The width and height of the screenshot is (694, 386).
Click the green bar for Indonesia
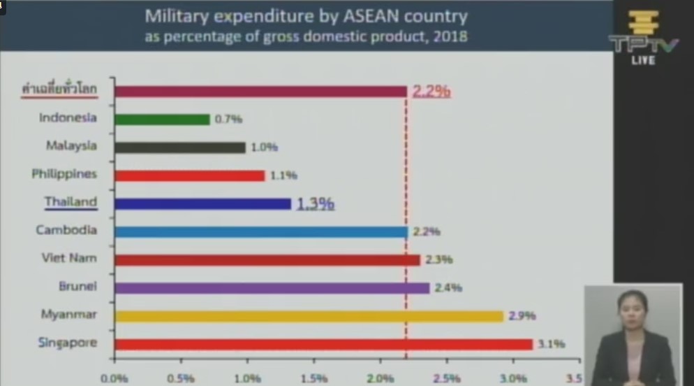pos(162,120)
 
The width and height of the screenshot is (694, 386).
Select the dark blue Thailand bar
pos(202,203)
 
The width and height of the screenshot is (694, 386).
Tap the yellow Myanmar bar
pos(309,316)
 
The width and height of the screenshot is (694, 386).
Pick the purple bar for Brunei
pos(272,287)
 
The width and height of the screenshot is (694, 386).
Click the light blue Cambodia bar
pos(260,231)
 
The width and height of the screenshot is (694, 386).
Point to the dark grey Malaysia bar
pos(179,148)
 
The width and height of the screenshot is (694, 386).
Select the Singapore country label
pos(68,343)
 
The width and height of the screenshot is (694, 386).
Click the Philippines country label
pos(64,174)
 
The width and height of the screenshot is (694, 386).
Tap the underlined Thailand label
pos(71,202)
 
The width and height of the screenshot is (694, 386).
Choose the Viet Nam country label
pos(68,259)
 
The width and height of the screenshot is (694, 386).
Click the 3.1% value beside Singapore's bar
pos(551,344)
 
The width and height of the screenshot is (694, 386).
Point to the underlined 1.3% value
pos(316,203)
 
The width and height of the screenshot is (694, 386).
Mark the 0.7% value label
pos(228,120)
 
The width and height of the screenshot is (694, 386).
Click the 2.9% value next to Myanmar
pos(522,316)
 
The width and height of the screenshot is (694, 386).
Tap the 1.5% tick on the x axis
pos(314,378)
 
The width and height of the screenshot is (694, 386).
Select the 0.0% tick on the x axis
pos(115,378)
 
